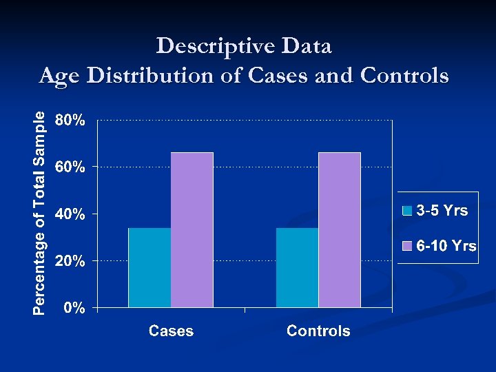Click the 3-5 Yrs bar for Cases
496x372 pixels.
click(x=149, y=267)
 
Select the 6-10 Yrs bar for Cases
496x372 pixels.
click(x=192, y=229)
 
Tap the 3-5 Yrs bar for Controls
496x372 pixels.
click(x=297, y=267)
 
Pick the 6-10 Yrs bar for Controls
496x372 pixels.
click(x=340, y=229)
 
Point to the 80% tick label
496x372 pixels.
click(x=70, y=121)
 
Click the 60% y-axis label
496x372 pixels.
click(x=70, y=167)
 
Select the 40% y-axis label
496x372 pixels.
click(x=70, y=214)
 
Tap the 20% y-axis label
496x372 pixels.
click(x=70, y=261)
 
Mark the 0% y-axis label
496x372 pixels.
click(x=74, y=308)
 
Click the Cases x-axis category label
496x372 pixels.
click(x=172, y=331)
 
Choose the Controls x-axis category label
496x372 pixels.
click(x=318, y=331)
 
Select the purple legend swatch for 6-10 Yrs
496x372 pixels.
click(x=408, y=246)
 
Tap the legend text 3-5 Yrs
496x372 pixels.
click(x=442, y=211)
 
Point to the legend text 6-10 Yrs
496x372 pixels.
click(x=446, y=246)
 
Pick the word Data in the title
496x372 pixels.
click(x=304, y=47)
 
